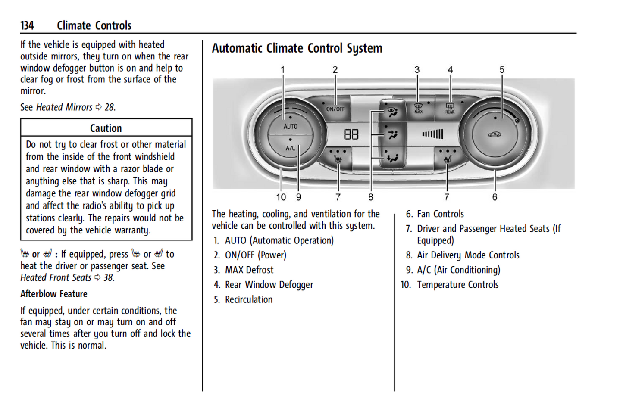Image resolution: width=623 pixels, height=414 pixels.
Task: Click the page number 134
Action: [27, 26]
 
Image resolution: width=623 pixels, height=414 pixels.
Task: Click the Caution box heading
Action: [106, 128]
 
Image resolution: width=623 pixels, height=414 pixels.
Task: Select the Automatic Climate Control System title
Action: [297, 48]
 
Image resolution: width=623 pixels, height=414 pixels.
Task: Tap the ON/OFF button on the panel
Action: [335, 109]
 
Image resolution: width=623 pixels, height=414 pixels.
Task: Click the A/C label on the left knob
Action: [290, 148]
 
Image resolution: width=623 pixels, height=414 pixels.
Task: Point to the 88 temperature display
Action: [351, 135]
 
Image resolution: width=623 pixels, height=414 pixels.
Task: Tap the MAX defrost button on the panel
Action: [418, 108]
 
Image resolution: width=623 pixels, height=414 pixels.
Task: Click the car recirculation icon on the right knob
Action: [495, 134]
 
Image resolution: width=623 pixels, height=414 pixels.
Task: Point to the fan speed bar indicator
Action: [432, 134]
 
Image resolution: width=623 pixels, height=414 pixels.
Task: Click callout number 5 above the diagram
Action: [502, 70]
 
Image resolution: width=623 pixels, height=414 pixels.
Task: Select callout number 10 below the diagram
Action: [281, 197]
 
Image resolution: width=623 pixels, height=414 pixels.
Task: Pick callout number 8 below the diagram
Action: [371, 197]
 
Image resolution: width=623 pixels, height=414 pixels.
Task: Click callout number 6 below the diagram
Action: [495, 197]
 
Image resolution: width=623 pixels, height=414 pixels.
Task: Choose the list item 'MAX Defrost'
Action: [249, 270]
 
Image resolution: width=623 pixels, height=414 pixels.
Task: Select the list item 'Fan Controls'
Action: [440, 214]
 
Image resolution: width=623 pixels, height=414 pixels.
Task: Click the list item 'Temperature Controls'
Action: [457, 285]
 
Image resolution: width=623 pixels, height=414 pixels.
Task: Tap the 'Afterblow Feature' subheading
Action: [54, 294]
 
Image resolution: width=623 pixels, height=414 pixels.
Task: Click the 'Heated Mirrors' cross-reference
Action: [64, 107]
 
